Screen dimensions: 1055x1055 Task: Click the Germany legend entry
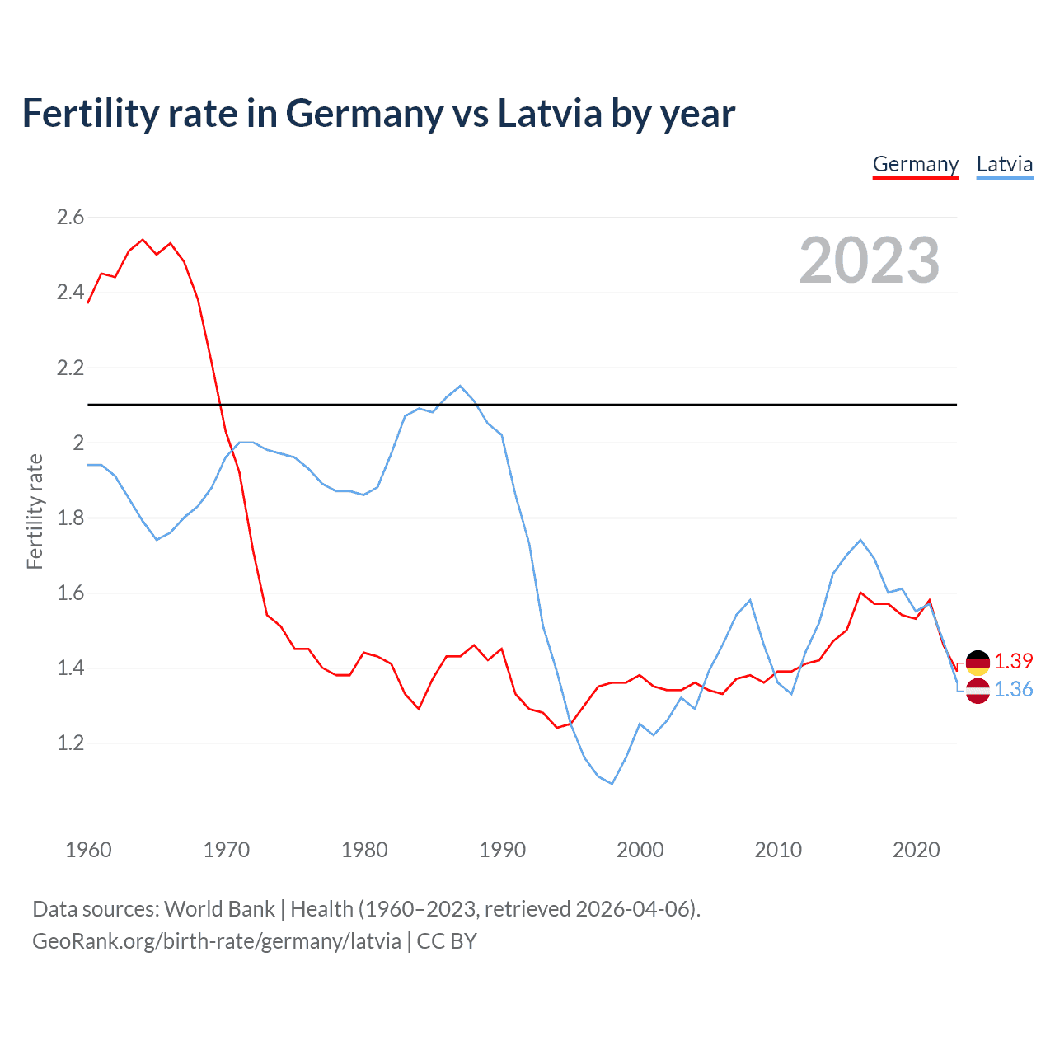pyautogui.click(x=915, y=164)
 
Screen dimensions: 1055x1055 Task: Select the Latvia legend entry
pyautogui.click(x=1004, y=164)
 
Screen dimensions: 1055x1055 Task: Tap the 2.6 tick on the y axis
pyautogui.click(x=70, y=218)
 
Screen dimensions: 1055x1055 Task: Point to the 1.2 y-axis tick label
pyautogui.click(x=70, y=743)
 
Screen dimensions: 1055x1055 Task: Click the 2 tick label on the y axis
pyautogui.click(x=78, y=443)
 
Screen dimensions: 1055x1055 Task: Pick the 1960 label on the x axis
pyautogui.click(x=88, y=850)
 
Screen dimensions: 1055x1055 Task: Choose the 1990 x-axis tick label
pyautogui.click(x=502, y=850)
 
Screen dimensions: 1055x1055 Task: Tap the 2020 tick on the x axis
pyautogui.click(x=916, y=850)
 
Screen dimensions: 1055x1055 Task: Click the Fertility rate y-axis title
pyautogui.click(x=35, y=511)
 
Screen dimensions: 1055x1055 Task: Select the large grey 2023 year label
pyautogui.click(x=869, y=260)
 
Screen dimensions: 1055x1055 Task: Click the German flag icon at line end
pyautogui.click(x=978, y=662)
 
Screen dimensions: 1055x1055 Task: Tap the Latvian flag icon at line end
pyautogui.click(x=978, y=691)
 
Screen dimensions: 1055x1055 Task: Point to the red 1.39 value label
pyautogui.click(x=1013, y=662)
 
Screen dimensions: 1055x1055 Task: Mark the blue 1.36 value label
pyautogui.click(x=1013, y=690)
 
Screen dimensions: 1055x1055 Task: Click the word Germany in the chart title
pyautogui.click(x=363, y=114)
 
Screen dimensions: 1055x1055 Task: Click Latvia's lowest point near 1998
pyautogui.click(x=612, y=784)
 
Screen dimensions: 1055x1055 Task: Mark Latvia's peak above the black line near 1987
pyautogui.click(x=460, y=386)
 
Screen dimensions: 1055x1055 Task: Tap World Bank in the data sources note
pyautogui.click(x=219, y=909)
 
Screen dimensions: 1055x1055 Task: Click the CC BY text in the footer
pyautogui.click(x=447, y=941)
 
